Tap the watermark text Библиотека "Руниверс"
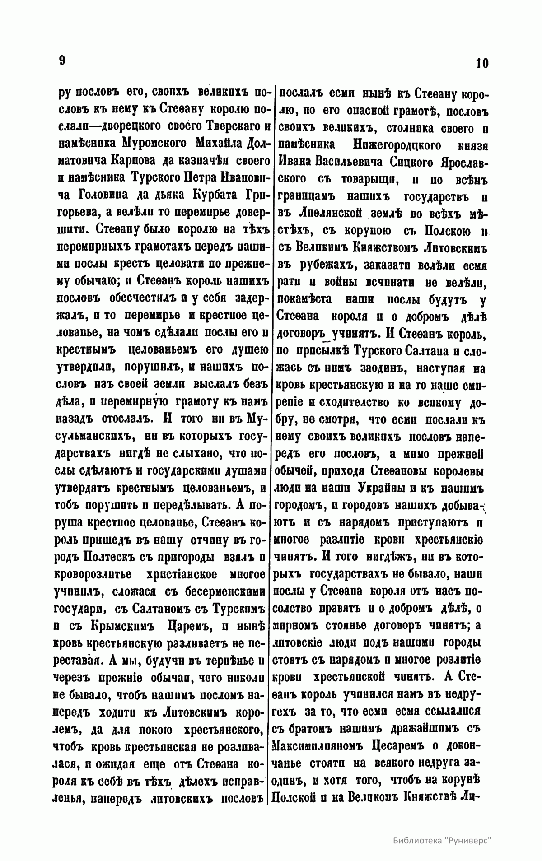[442, 840]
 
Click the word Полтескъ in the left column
[113, 557]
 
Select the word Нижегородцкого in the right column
[389, 144]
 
